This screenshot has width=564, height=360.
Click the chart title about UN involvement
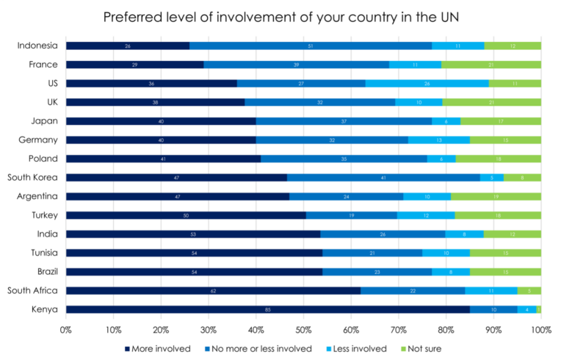pos(281,17)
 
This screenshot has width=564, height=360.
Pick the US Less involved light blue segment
pos(427,83)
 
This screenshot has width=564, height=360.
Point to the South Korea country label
pos(34,177)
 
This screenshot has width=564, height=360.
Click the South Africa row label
pos(34,291)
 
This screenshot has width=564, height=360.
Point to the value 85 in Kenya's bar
pos(268,310)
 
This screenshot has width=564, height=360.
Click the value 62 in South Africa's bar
pos(213,291)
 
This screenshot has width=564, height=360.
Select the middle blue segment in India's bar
pos(383,234)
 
